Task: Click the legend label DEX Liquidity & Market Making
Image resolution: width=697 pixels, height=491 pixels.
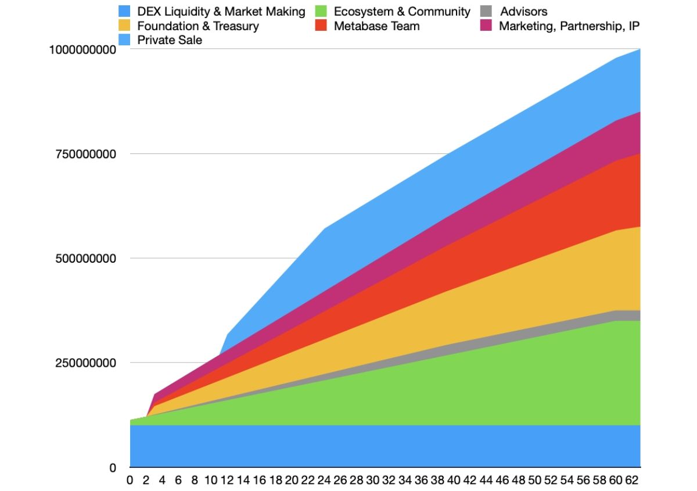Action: tap(221, 11)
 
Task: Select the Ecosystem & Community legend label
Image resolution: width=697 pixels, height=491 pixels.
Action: tap(402, 11)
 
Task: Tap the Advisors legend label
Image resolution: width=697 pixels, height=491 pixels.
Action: tap(523, 11)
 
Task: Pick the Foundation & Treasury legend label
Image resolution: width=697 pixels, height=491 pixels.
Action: tap(198, 26)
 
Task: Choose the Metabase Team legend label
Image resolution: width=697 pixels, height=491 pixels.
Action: tap(376, 26)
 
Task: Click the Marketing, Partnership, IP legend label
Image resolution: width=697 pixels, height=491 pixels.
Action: tap(569, 26)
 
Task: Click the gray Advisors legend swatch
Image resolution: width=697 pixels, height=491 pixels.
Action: tap(487, 11)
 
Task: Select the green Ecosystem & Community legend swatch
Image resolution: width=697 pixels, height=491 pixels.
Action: tap(321, 11)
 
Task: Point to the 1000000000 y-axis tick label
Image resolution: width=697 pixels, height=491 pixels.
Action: tap(82, 50)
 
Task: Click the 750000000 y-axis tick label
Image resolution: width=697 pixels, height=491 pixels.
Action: tap(86, 154)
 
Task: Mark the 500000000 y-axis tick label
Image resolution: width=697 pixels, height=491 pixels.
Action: tap(86, 258)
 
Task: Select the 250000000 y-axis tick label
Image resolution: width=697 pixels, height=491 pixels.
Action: tap(86, 363)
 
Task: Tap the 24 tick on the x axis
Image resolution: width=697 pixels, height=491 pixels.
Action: tap(324, 481)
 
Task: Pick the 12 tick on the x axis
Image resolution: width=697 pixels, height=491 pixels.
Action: tap(227, 481)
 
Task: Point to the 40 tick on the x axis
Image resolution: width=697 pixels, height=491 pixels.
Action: tap(454, 481)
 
